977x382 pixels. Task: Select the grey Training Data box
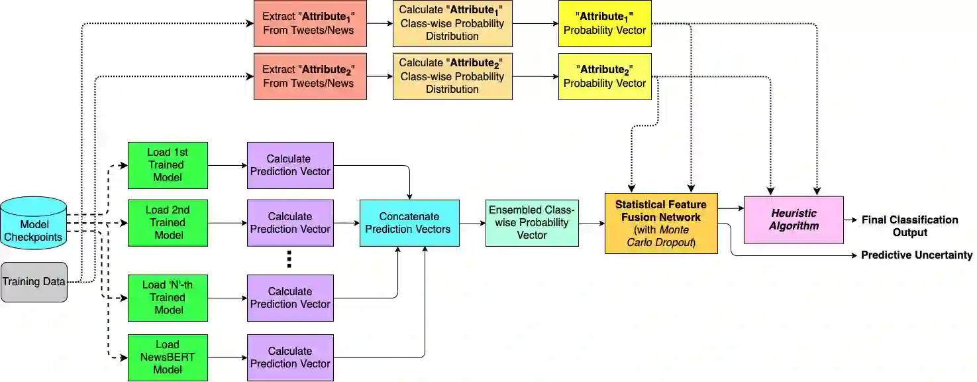pyautogui.click(x=34, y=282)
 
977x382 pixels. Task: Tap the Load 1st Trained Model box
pyautogui.click(x=167, y=165)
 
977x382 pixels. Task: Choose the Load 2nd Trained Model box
pyautogui.click(x=167, y=223)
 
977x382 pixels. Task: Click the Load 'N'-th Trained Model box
pyautogui.click(x=167, y=298)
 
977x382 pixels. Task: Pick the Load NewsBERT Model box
pyautogui.click(x=167, y=357)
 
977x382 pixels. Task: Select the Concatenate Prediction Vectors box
pyautogui.click(x=409, y=223)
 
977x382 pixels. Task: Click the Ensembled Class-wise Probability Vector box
pyautogui.click(x=532, y=223)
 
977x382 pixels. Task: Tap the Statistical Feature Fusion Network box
pyautogui.click(x=660, y=223)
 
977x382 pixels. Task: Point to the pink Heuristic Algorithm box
pyautogui.click(x=794, y=220)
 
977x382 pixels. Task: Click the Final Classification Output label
pyautogui.click(x=909, y=226)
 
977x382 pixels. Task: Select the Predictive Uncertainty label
pyautogui.click(x=917, y=255)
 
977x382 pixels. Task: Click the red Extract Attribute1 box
pyautogui.click(x=310, y=23)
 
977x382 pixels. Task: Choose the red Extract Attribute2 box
pyautogui.click(x=310, y=76)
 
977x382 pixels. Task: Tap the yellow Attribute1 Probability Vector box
pyautogui.click(x=605, y=23)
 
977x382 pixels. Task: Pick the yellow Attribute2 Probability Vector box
pyautogui.click(x=605, y=76)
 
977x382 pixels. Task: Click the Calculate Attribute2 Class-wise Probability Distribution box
pyautogui.click(x=452, y=76)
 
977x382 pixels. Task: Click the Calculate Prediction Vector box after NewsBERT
pyautogui.click(x=290, y=357)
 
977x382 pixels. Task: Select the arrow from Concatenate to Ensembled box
pyautogui.click(x=472, y=223)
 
